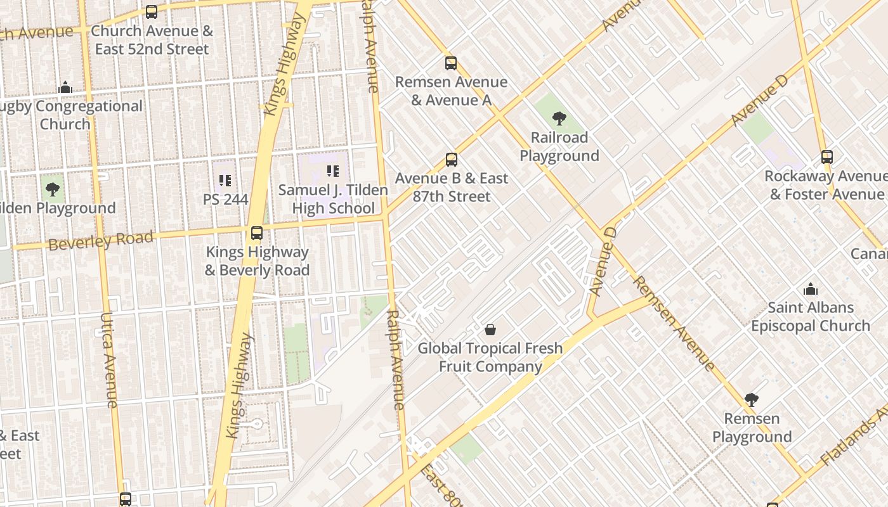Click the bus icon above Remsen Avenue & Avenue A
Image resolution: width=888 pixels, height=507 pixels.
pyautogui.click(x=450, y=63)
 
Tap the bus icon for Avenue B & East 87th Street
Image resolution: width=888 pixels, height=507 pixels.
pyautogui.click(x=451, y=160)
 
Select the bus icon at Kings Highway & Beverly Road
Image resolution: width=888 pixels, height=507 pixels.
pyautogui.click(x=256, y=233)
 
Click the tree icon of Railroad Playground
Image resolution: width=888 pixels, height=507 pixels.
pyautogui.click(x=559, y=118)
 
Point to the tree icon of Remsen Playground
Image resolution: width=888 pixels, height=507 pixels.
pyautogui.click(x=751, y=400)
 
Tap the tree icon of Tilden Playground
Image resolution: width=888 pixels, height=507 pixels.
pyautogui.click(x=53, y=189)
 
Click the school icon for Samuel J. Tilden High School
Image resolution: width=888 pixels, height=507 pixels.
pyautogui.click(x=333, y=171)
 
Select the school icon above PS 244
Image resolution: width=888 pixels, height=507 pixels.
pyautogui.click(x=225, y=181)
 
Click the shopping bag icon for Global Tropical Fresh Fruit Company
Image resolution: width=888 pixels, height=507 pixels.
pyautogui.click(x=490, y=330)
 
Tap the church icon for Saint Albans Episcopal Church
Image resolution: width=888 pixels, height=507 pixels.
pyautogui.click(x=810, y=290)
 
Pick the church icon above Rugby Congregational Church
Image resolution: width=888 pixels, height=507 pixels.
pyautogui.click(x=65, y=88)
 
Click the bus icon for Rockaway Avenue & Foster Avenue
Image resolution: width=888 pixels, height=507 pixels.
pyautogui.click(x=826, y=157)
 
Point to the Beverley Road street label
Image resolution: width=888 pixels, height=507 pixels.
pyautogui.click(x=101, y=241)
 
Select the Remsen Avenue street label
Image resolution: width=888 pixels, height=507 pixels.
pyautogui.click(x=674, y=323)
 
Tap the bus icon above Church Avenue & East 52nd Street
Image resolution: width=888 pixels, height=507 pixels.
pyautogui.click(x=151, y=12)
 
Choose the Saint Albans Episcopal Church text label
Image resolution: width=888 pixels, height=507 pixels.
pyautogui.click(x=810, y=317)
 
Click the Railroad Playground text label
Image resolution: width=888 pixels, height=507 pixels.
pyautogui.click(x=559, y=146)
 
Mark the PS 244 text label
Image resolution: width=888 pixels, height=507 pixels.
pyautogui.click(x=225, y=200)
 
